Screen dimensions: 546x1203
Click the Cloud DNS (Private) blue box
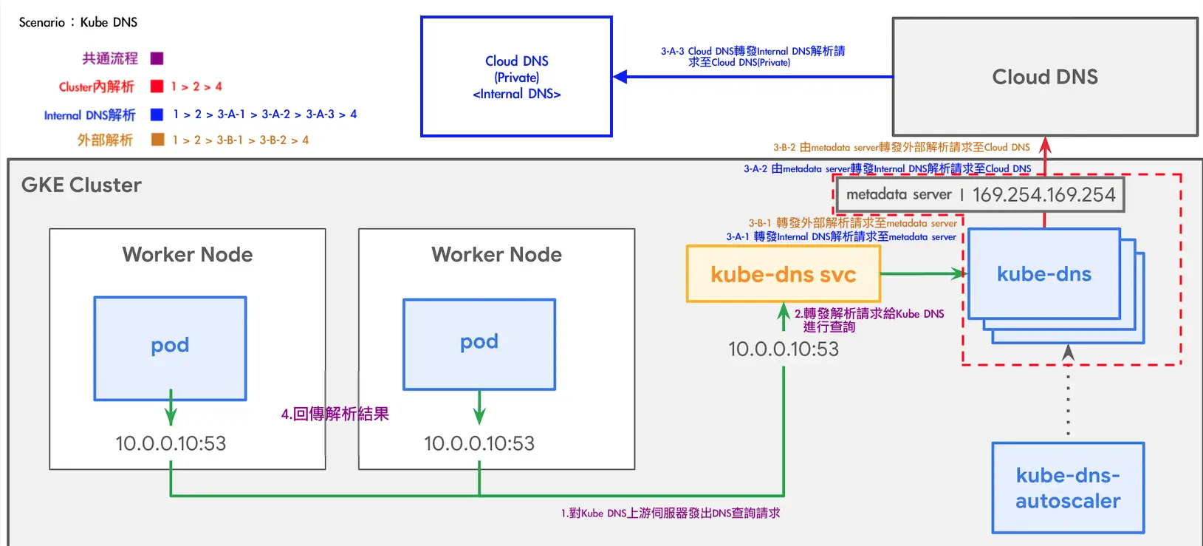(x=516, y=77)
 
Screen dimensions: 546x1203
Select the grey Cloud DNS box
(x=1044, y=77)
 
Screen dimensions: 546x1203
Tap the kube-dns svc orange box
(x=783, y=274)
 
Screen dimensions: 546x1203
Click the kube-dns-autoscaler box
(x=1068, y=488)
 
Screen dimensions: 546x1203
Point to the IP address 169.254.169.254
(x=1043, y=195)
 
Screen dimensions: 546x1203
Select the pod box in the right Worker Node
(x=479, y=344)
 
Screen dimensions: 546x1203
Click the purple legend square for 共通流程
(x=157, y=58)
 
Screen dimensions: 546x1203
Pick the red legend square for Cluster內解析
(x=157, y=86)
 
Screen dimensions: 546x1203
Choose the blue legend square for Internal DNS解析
(x=157, y=115)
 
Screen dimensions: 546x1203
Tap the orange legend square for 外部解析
(x=157, y=140)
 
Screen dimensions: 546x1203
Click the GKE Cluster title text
(x=81, y=185)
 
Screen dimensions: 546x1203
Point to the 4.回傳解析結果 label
(x=335, y=414)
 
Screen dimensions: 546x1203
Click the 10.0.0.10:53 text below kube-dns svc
(x=784, y=349)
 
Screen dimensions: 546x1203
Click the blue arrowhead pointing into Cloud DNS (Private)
(x=621, y=77)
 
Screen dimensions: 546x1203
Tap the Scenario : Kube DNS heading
(x=78, y=22)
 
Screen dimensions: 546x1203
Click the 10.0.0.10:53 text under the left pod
(x=171, y=443)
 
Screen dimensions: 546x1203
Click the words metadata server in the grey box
(x=899, y=194)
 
